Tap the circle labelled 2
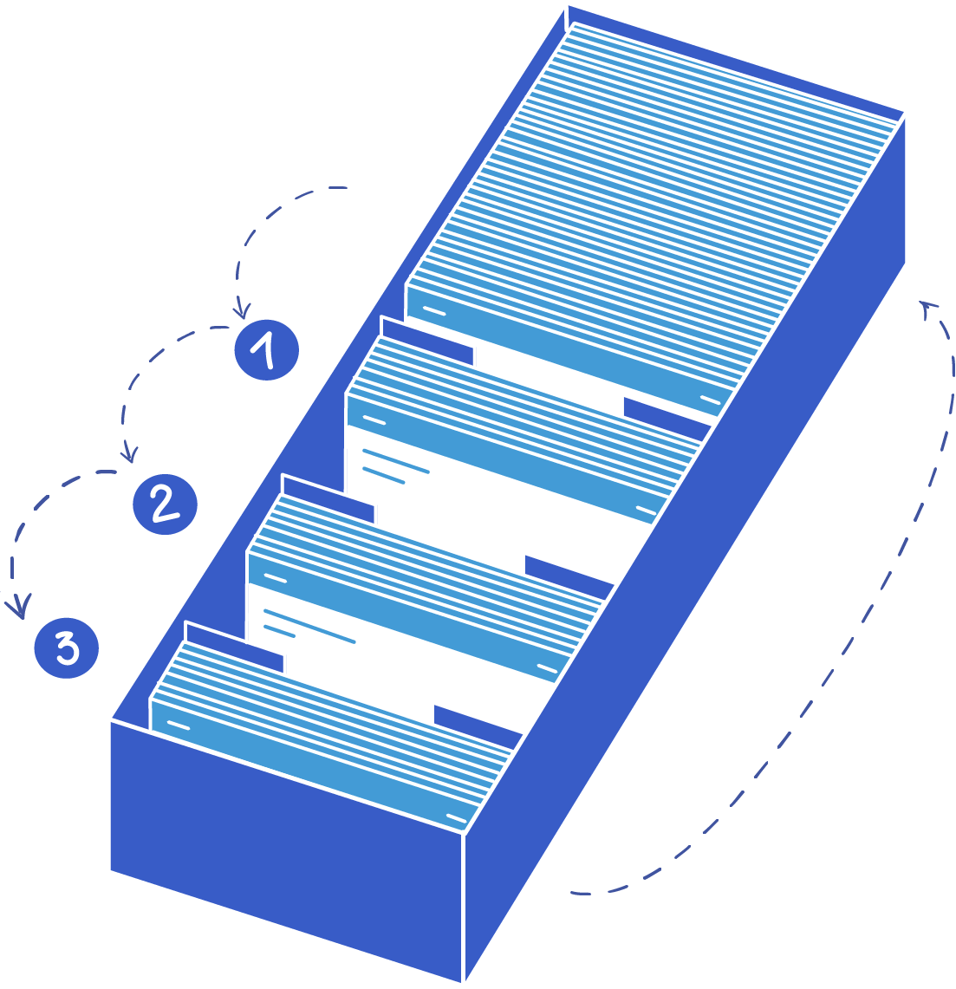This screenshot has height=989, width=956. pyautogui.click(x=165, y=504)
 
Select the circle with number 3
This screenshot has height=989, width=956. pyautogui.click(x=66, y=647)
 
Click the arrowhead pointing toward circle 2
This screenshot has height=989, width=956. pyautogui.click(x=130, y=453)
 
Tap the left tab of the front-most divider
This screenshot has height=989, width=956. pyautogui.click(x=234, y=648)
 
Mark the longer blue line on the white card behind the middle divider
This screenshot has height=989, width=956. pyautogui.click(x=395, y=460)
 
